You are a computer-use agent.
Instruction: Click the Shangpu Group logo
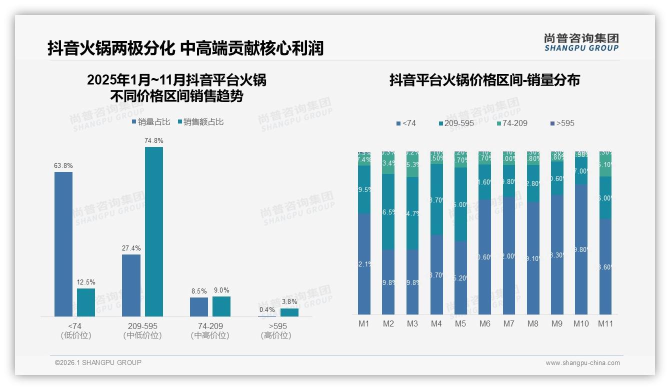[x=581, y=42]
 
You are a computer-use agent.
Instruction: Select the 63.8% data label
[x=63, y=165]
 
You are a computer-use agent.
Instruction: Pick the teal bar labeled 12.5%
[x=86, y=302]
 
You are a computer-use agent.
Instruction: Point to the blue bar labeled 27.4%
[x=131, y=285]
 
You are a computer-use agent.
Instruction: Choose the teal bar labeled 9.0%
[x=221, y=306]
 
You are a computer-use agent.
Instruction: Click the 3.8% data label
[x=289, y=301]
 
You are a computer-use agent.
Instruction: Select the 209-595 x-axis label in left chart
[x=142, y=326]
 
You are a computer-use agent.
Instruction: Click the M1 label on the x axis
[x=364, y=323]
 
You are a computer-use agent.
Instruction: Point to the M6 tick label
[x=484, y=323]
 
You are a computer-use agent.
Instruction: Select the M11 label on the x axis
[x=605, y=323]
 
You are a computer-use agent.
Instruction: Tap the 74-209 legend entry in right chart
[x=512, y=123]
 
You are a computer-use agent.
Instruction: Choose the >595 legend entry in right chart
[x=562, y=123]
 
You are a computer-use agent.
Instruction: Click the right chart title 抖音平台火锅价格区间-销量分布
[x=484, y=80]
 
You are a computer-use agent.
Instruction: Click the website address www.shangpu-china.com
[x=582, y=363]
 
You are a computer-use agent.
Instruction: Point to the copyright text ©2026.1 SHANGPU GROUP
[x=98, y=362]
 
